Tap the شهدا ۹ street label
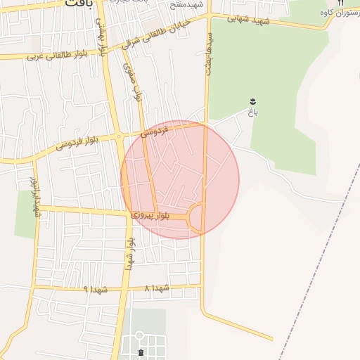click(x=96, y=289)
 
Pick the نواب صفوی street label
click(x=132, y=83)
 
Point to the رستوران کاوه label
click(x=335, y=13)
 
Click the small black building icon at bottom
click(x=140, y=352)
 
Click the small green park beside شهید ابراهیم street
click(x=25, y=214)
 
